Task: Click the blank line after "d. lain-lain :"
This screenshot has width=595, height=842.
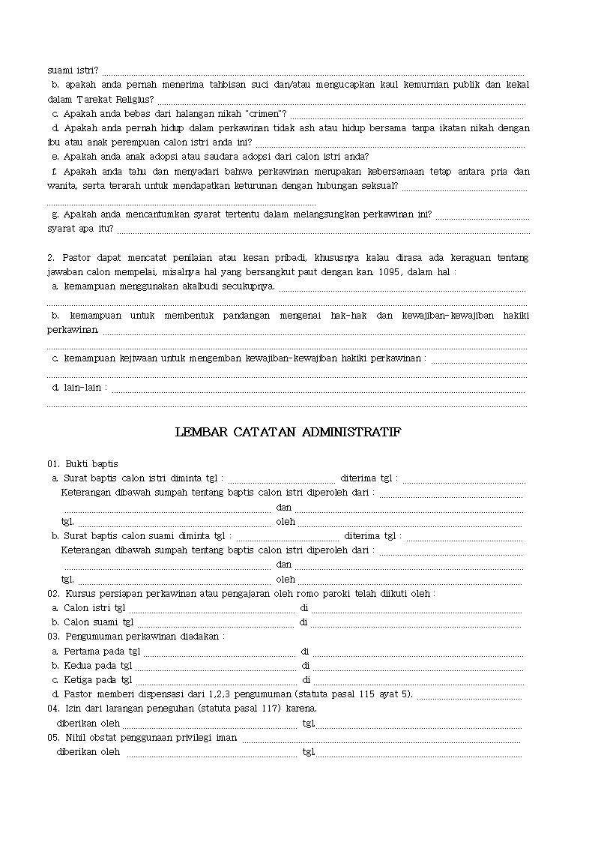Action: tap(318, 388)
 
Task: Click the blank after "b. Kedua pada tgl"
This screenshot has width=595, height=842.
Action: tap(215, 665)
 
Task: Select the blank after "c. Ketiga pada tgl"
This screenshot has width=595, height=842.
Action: tap(215, 679)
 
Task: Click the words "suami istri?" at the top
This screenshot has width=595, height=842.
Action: tap(72, 70)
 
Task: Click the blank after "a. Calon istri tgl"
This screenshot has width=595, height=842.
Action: tap(211, 608)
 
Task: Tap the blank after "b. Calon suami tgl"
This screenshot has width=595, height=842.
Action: tap(216, 622)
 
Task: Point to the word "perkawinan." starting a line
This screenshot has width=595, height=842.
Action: tap(73, 329)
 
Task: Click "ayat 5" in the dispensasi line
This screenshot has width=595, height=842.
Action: tap(396, 694)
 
